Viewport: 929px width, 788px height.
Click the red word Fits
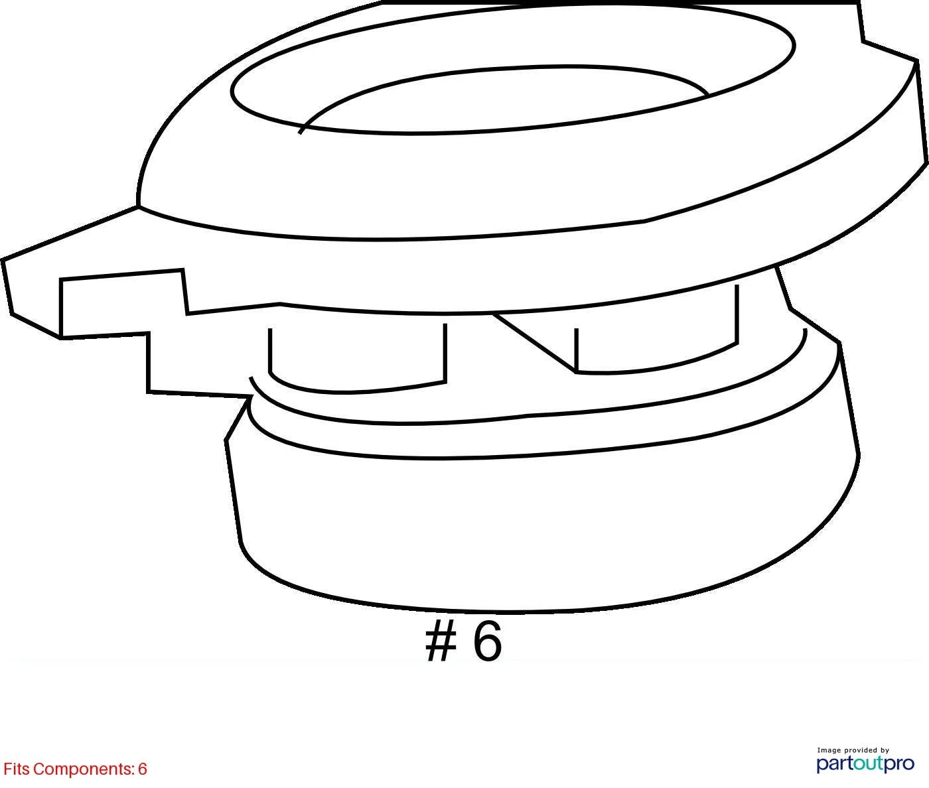coord(17,769)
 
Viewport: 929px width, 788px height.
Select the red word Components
coord(84,769)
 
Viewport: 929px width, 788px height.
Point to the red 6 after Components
coord(143,769)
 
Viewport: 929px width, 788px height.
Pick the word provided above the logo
coord(861,750)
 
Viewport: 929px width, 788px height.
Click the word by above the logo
coord(885,750)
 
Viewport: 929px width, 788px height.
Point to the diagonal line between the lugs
coord(535,342)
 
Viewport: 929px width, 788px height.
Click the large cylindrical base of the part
coord(539,530)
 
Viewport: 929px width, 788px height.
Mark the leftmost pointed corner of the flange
coord(2,259)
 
